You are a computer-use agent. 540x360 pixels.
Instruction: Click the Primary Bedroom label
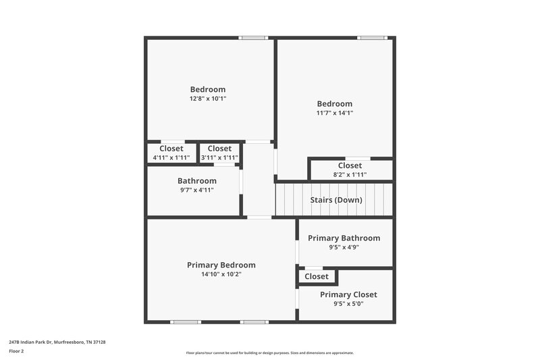point(221,265)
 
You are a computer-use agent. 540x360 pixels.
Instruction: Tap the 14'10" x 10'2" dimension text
point(221,274)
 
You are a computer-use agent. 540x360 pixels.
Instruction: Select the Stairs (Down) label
point(335,200)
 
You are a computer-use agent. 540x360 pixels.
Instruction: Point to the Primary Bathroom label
point(344,238)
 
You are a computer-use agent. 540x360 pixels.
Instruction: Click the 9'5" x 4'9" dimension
point(344,247)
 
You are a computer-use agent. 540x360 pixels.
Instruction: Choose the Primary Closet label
point(348,294)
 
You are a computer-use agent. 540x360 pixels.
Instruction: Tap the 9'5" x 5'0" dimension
point(348,304)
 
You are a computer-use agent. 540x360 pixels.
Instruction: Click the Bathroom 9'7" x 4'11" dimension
point(197,190)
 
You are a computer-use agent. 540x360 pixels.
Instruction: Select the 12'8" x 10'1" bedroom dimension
point(208,99)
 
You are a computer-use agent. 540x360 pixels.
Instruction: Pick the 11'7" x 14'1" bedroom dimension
point(335,113)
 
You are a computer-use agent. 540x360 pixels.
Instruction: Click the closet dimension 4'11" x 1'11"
point(171,158)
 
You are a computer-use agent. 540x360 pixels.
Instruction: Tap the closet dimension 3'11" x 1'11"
point(219,158)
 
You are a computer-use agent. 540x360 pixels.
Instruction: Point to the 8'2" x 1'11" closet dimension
point(350,175)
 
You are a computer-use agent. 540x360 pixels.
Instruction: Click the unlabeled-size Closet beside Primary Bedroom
point(317,276)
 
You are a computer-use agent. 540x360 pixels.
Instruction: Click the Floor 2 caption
point(16,351)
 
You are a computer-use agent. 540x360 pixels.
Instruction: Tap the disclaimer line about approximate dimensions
point(269,353)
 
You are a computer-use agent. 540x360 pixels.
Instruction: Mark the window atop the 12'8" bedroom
point(252,38)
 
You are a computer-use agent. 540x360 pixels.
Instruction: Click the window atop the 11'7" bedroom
point(371,38)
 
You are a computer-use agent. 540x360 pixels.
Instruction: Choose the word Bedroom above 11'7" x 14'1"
point(335,103)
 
